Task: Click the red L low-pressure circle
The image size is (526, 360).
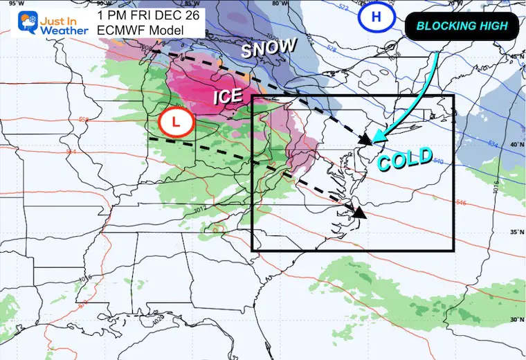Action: click(176, 123)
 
